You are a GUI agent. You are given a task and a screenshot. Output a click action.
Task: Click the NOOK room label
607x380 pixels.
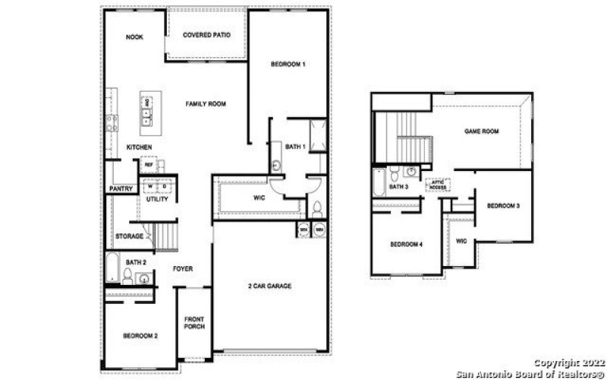[134, 37]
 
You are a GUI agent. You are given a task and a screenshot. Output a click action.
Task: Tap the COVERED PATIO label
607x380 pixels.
[206, 35]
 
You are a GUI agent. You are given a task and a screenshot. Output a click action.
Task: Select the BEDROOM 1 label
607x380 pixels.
[288, 65]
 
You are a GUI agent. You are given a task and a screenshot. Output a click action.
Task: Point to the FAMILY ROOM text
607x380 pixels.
[206, 104]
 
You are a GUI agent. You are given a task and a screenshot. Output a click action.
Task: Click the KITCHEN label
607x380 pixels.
[139, 147]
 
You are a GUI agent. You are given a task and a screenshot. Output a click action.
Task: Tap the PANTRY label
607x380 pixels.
[121, 188]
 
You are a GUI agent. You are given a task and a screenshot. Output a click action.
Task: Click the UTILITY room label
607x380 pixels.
[158, 199]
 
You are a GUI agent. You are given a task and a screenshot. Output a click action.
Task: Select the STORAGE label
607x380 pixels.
[130, 236]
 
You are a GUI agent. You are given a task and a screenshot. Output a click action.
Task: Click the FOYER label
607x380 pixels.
[182, 268]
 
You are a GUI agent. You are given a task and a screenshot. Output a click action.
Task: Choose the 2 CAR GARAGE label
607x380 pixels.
[269, 286]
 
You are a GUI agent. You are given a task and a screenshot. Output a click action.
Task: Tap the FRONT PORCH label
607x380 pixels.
[195, 322]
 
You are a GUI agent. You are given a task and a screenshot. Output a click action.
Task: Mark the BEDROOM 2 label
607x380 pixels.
[140, 335]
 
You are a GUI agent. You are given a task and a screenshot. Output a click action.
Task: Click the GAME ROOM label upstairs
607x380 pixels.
[481, 131]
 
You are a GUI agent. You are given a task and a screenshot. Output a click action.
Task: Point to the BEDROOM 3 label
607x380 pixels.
[502, 206]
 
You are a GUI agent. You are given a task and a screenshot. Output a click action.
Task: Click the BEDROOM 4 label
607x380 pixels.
[406, 244]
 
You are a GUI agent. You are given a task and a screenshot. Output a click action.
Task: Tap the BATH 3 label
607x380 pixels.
[398, 186]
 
